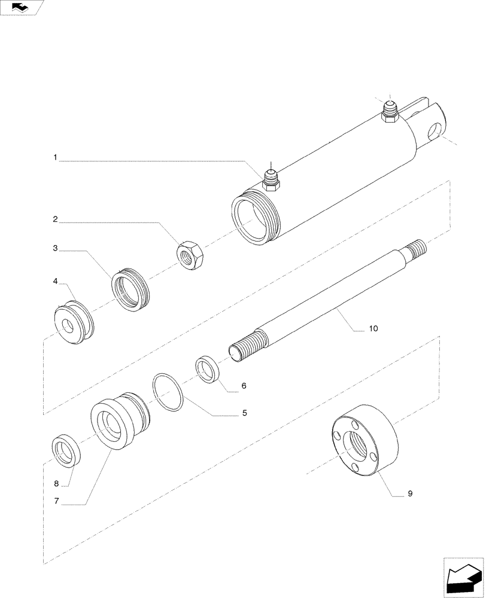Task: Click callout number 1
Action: click(55, 158)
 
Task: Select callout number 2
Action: click(55, 220)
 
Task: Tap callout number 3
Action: click(55, 248)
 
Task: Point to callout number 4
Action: click(55, 280)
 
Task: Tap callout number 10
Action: click(373, 328)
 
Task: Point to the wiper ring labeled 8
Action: click(65, 451)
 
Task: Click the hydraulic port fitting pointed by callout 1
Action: click(271, 180)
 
